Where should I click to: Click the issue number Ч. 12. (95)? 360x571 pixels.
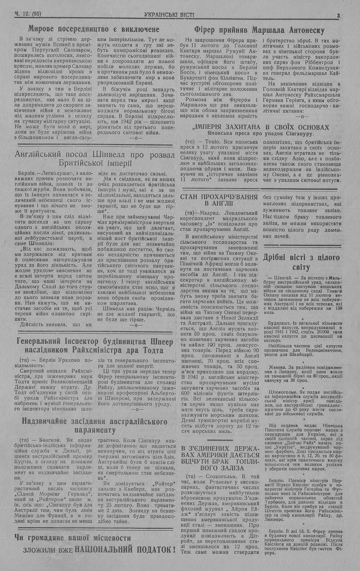(x=28, y=14)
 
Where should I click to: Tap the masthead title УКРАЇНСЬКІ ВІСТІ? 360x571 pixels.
(x=169, y=15)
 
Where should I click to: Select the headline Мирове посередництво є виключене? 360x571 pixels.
(x=94, y=29)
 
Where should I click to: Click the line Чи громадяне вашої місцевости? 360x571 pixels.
(x=73, y=538)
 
